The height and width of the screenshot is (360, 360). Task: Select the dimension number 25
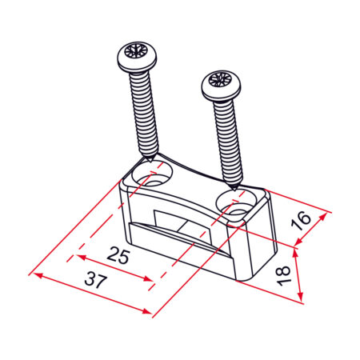(118, 255)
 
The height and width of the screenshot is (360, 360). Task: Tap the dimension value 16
(301, 221)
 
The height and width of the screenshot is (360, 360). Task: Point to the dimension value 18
(283, 276)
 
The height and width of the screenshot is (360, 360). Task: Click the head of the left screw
(138, 57)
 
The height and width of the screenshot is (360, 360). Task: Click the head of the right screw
(222, 86)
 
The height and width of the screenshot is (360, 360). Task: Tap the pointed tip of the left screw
(150, 161)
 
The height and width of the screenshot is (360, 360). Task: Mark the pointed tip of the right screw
(234, 190)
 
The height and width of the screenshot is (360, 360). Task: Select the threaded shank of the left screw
(144, 114)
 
